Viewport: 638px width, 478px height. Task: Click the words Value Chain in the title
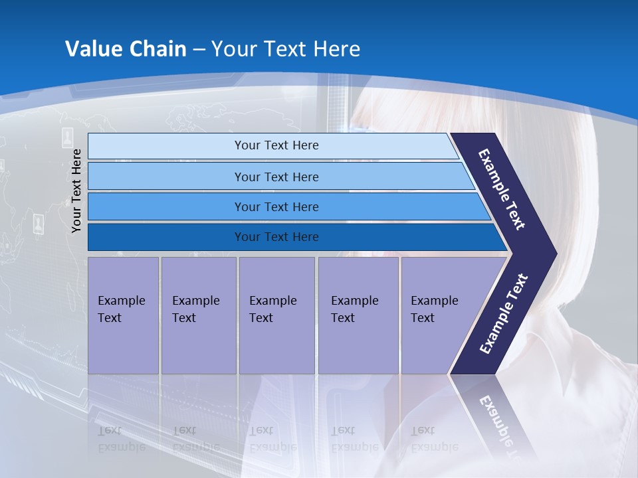126,49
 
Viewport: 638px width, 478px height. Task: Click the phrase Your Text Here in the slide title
286,49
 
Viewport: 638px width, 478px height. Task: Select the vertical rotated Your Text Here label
77,191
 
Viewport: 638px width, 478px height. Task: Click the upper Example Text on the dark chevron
502,189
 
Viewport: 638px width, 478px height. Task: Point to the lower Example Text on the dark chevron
503,313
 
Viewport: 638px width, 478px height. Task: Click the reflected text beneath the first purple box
122,438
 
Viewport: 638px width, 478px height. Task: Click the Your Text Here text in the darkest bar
276,237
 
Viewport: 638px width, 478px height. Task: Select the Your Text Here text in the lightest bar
276,145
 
